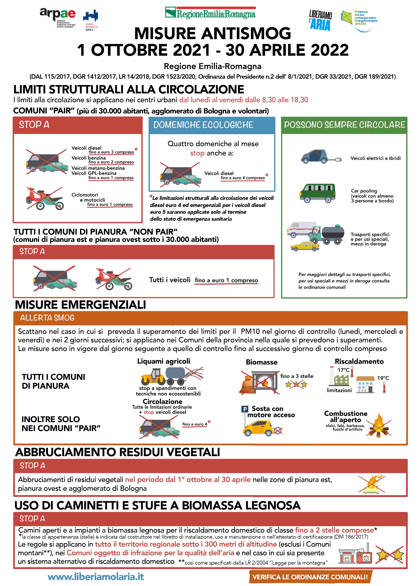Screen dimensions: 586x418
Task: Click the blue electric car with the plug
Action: tap(315, 156)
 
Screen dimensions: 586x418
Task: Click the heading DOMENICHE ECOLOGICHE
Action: tap(203, 125)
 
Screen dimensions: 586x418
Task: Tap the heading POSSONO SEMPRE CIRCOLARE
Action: tap(344, 125)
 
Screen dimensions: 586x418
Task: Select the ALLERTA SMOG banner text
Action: tap(47, 318)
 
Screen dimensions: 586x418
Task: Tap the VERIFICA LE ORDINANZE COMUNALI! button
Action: tap(310, 577)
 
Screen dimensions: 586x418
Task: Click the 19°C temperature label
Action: tap(383, 378)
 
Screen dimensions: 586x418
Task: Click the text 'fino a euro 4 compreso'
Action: tap(242, 178)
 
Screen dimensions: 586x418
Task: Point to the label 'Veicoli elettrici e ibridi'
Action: tap(375, 158)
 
